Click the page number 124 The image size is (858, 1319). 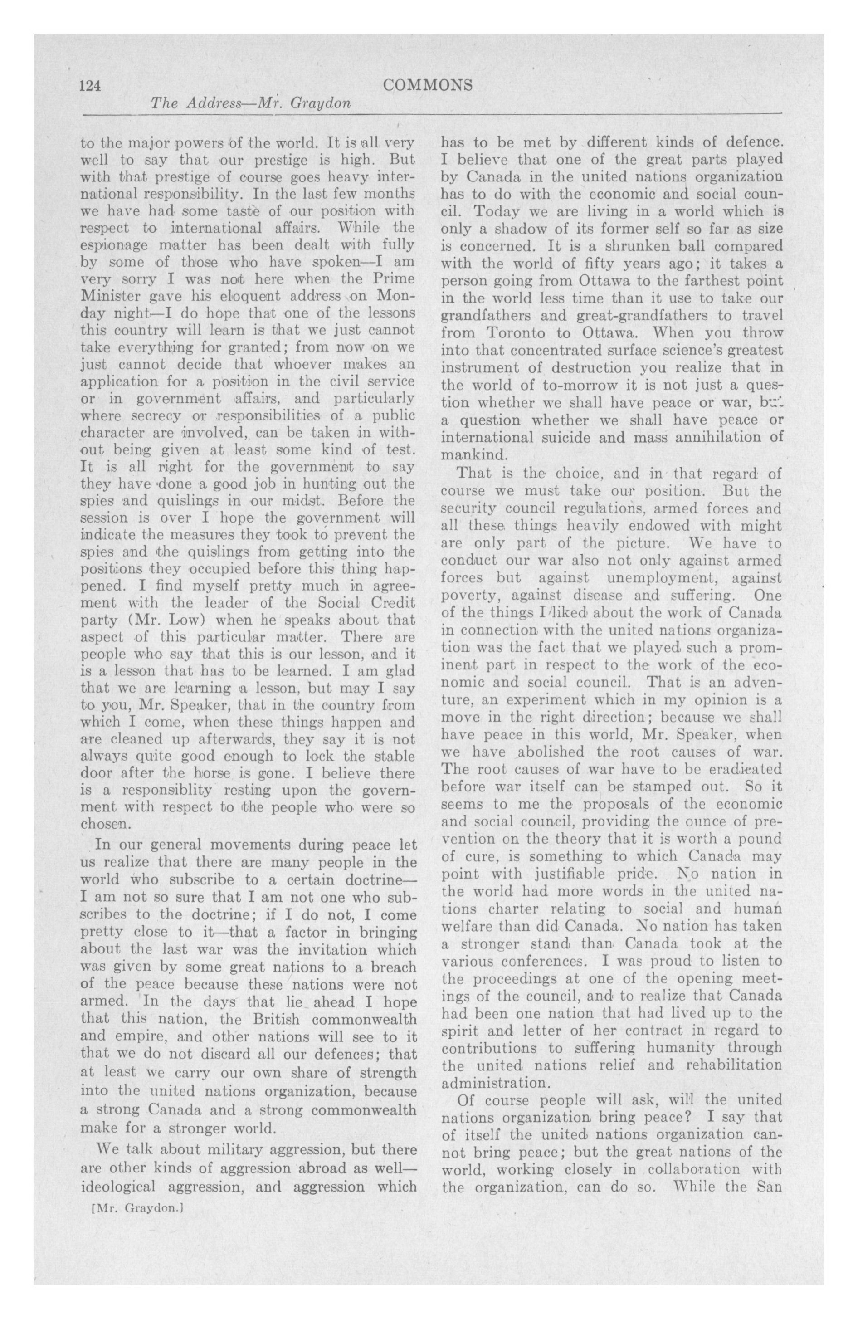point(90,86)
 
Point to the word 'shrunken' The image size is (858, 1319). point(635,245)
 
